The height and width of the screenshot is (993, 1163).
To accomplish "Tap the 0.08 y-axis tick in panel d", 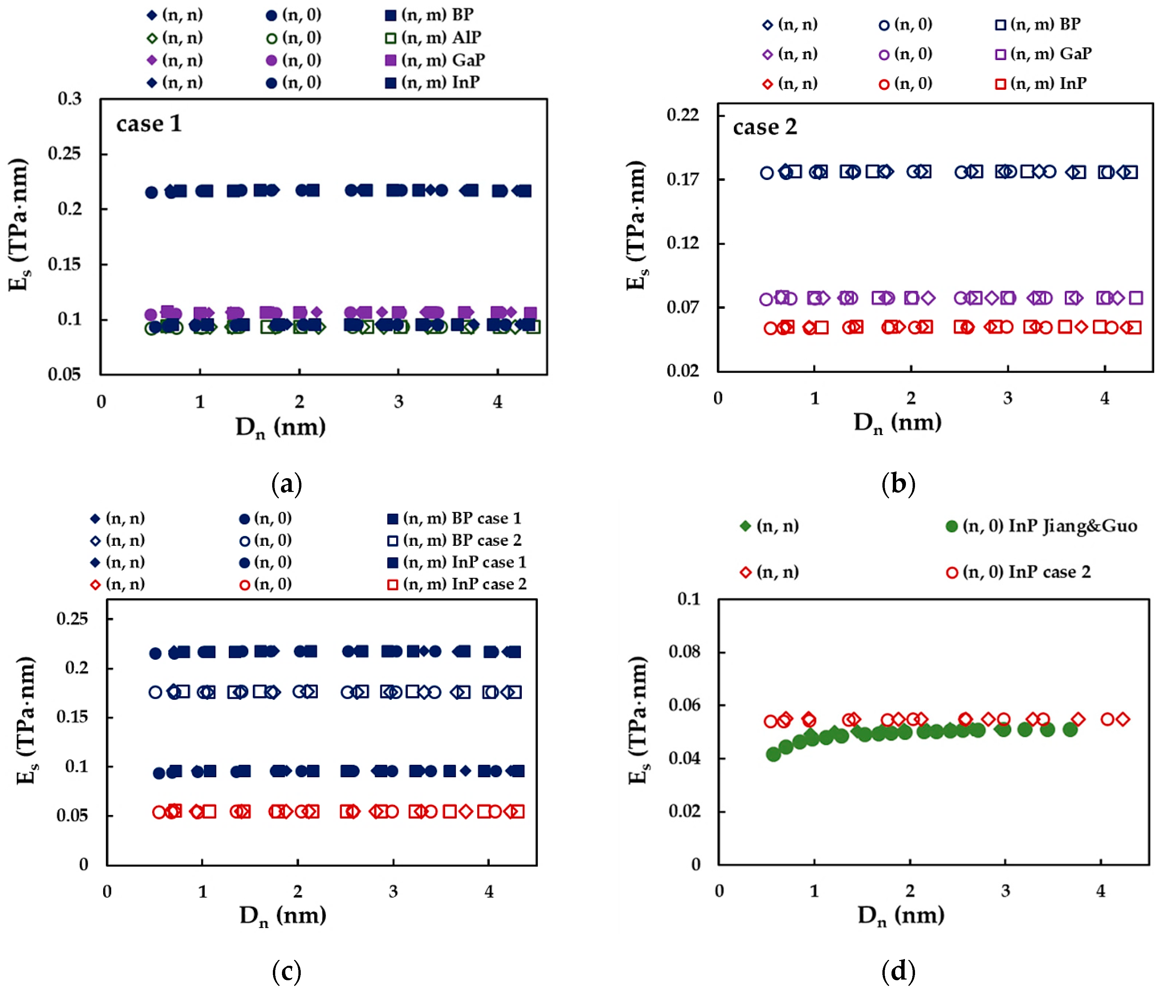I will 684,651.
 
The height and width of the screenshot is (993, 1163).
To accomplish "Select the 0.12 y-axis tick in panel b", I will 682,243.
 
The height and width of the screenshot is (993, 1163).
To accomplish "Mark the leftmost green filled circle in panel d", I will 773,754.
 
